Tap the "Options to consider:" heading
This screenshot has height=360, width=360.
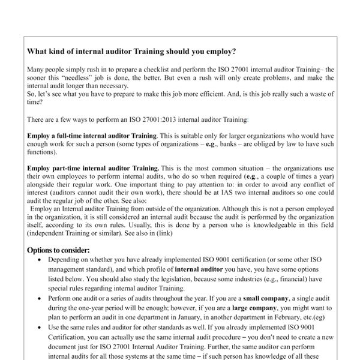click(59, 250)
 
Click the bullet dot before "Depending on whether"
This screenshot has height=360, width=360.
click(39, 261)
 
